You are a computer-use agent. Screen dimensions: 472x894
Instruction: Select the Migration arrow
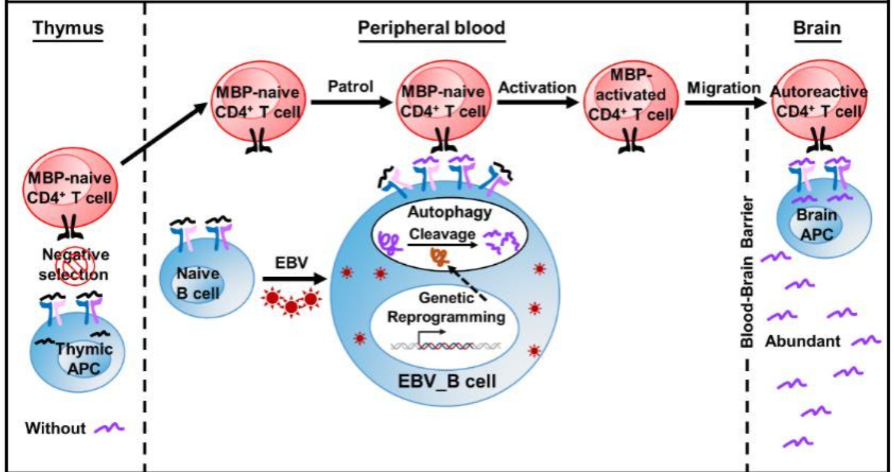[x=724, y=103]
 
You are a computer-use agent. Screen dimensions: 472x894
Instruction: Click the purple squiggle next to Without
[x=109, y=427]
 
